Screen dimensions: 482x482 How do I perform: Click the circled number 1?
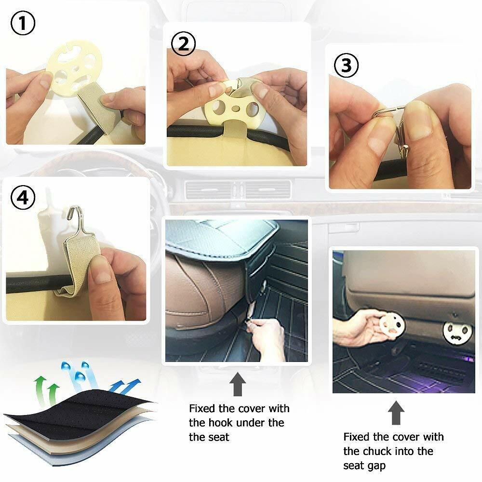point(23,23)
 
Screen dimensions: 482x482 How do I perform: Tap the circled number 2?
point(184,43)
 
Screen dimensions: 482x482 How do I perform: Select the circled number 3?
point(346,66)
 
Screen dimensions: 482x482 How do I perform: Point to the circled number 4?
point(23,197)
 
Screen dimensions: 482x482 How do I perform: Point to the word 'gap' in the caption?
point(376,466)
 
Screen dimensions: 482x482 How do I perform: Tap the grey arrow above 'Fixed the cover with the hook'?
point(237,384)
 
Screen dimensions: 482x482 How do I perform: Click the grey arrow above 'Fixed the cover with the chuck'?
point(396,413)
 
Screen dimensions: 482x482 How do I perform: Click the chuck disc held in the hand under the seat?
point(391,326)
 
